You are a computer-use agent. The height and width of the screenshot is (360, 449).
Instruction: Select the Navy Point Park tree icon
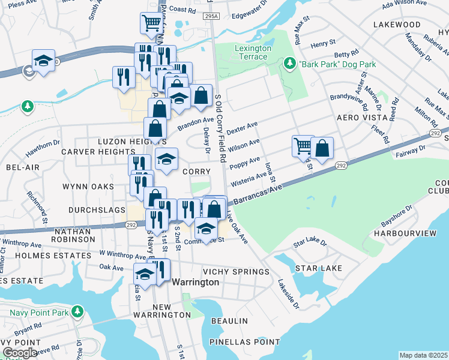[x=77, y=312]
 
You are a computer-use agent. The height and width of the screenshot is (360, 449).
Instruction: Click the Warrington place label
[x=195, y=282]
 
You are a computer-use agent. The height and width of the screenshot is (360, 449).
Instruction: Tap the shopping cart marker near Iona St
[x=303, y=145]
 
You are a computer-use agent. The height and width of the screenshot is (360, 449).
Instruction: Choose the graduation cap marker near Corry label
[x=167, y=158]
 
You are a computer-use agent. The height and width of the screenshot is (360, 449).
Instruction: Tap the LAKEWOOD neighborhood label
[x=397, y=25]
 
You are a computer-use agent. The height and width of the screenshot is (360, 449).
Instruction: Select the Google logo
[x=20, y=353]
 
